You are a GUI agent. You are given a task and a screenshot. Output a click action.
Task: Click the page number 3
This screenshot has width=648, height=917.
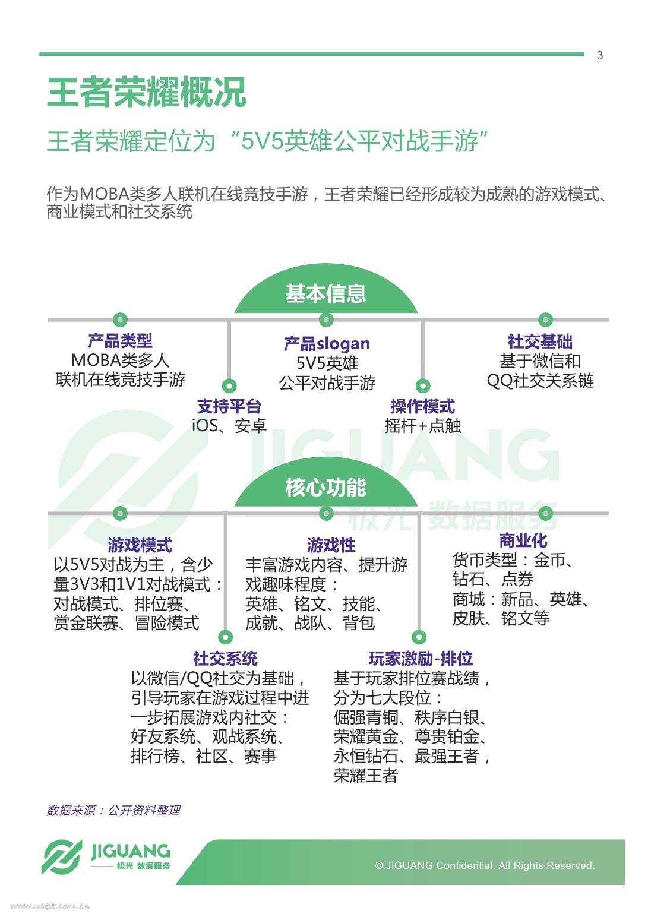tap(599, 55)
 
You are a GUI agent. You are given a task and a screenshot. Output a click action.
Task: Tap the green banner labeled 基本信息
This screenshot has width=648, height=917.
tap(325, 293)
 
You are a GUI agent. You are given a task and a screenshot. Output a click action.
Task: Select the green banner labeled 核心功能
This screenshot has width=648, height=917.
tap(325, 487)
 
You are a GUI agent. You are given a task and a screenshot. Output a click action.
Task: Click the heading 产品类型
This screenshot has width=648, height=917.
tap(120, 341)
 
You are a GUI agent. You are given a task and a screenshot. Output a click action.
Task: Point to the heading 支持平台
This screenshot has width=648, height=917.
tap(229, 406)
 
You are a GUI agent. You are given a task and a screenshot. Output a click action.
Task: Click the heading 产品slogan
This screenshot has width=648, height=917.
tap(327, 343)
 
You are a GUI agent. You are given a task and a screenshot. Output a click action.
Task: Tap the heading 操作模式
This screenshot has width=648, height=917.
tap(422, 406)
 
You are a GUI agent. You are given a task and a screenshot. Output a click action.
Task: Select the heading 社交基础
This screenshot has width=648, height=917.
tap(540, 341)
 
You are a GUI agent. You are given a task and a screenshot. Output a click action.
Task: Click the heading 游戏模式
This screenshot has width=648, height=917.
tap(140, 545)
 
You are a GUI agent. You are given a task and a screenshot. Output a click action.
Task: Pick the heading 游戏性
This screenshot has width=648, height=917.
tap(331, 545)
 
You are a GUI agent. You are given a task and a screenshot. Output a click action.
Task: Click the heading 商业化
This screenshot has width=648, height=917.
tap(523, 540)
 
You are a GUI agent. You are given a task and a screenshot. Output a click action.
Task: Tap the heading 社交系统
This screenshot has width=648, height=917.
tap(225, 658)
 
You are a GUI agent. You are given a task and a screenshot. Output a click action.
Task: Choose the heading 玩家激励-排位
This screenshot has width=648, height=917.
tap(421, 658)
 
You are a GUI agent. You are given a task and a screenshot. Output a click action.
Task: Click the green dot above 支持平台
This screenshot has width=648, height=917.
tap(229, 385)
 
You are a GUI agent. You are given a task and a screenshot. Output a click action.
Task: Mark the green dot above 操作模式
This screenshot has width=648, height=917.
tap(422, 385)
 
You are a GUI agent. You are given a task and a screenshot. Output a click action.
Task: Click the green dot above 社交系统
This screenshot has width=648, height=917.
tap(225, 637)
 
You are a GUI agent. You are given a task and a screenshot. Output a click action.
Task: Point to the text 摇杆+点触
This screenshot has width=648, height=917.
tap(422, 426)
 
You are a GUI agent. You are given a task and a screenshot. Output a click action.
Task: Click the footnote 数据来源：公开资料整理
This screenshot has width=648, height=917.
tap(113, 810)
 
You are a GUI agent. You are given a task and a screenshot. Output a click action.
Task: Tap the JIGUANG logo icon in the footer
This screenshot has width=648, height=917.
tap(62, 858)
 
